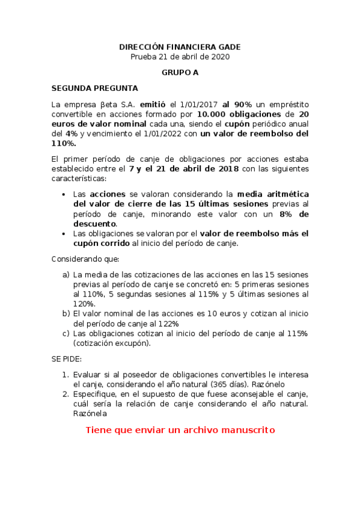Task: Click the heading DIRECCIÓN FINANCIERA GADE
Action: (180, 47)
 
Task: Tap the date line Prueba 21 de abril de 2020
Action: (180, 57)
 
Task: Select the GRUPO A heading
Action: (180, 72)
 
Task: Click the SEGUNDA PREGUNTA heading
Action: (94, 88)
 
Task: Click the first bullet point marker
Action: (64, 195)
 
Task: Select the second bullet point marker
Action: (64, 234)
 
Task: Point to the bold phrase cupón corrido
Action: (101, 243)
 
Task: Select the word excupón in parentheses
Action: (128, 343)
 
